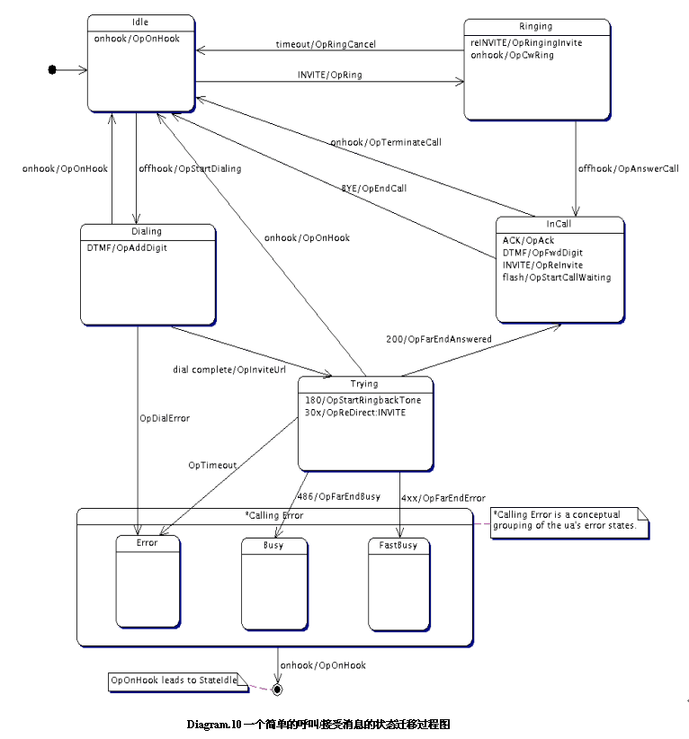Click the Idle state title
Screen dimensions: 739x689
click(140, 22)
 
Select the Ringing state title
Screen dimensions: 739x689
click(535, 27)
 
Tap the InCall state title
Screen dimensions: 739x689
click(559, 224)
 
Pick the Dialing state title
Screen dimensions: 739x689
click(147, 231)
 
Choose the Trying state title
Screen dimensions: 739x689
click(364, 384)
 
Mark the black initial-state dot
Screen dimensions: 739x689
click(52, 69)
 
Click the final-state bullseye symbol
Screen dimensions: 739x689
click(277, 689)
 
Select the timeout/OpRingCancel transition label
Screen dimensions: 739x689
click(326, 44)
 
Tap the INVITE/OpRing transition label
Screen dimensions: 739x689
click(329, 75)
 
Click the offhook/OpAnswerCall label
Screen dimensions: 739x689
click(628, 168)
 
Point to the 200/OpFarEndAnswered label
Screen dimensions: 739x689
click(438, 338)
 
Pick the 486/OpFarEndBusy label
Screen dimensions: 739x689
click(337, 496)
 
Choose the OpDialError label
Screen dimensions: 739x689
click(165, 418)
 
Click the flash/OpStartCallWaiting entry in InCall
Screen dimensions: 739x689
click(556, 278)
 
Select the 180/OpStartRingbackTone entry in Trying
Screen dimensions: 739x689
click(362, 400)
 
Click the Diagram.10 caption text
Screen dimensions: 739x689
click(318, 724)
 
